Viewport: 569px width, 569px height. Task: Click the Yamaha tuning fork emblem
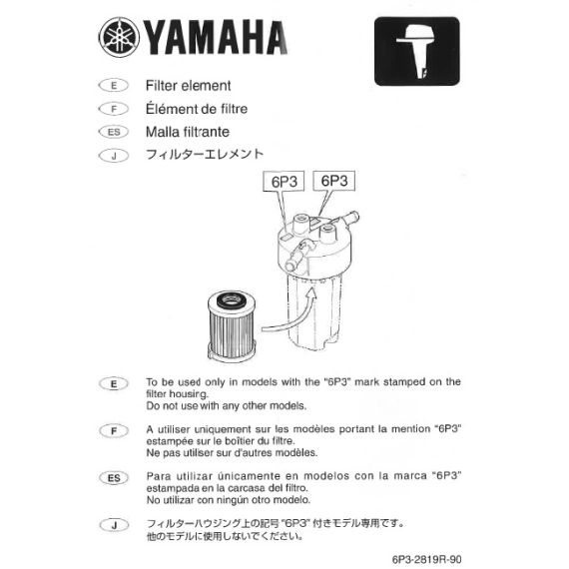[x=119, y=37]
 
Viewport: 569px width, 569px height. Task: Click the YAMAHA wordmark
[x=216, y=37]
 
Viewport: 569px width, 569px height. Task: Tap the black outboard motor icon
[x=417, y=51]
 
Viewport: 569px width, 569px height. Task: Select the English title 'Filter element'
[x=188, y=86]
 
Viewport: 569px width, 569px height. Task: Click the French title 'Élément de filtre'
[x=197, y=108]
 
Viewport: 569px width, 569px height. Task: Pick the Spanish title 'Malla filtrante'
[x=188, y=132]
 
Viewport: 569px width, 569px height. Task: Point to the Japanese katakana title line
[x=205, y=154]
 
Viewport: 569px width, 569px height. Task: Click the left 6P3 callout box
[x=284, y=181]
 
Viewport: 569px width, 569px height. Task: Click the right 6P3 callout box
[x=333, y=181]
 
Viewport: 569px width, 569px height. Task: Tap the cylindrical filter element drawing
[x=231, y=325]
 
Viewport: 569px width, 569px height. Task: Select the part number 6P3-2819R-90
[x=426, y=559]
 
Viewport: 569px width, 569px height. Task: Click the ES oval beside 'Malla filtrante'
[x=114, y=132]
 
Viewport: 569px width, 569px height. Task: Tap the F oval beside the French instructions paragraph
[x=114, y=430]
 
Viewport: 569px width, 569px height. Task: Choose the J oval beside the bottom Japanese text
[x=114, y=525]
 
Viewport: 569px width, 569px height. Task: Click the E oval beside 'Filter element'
[x=114, y=86]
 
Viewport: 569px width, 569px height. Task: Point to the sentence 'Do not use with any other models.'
[x=226, y=405]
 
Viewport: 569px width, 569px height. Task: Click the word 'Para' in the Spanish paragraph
[x=159, y=476]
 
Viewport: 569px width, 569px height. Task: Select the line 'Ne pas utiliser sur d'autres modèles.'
[x=232, y=453]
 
